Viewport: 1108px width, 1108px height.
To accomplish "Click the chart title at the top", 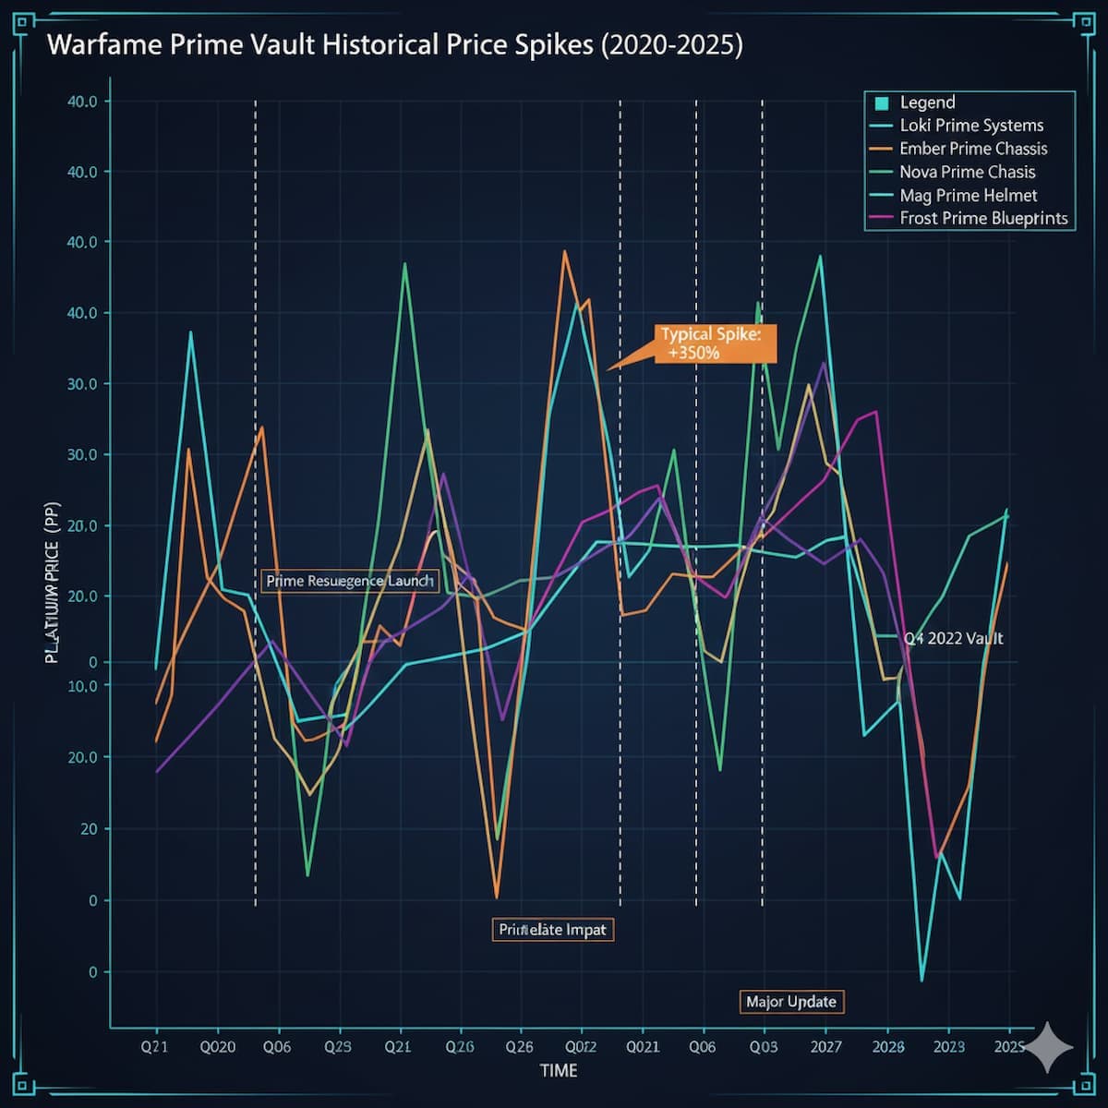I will (x=394, y=45).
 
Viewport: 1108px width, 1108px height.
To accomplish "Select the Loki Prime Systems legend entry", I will (x=970, y=126).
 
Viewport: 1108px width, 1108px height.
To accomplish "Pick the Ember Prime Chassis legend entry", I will (x=972, y=149).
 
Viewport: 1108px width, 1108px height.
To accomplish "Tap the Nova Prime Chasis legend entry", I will (x=967, y=172).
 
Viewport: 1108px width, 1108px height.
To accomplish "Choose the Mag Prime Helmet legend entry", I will (x=968, y=196).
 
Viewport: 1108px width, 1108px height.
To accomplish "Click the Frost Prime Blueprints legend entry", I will (x=982, y=219).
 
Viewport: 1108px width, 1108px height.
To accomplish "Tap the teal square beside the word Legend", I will (x=881, y=103).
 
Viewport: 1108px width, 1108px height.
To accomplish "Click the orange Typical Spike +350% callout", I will (x=711, y=343).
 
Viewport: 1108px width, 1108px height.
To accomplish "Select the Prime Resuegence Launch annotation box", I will (x=349, y=581).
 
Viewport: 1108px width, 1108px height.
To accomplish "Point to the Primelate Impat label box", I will (x=552, y=929).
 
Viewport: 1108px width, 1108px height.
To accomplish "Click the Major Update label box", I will (x=791, y=1002).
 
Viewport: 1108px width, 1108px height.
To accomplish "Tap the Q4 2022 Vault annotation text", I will (x=952, y=638).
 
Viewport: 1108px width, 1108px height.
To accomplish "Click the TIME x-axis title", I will (x=559, y=1070).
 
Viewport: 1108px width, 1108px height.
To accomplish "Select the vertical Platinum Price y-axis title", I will (x=53, y=591).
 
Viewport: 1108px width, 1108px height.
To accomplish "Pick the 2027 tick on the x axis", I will (x=825, y=1046).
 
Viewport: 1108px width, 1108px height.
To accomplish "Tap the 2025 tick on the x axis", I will (x=1008, y=1046).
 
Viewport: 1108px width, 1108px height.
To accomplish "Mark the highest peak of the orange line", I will (x=565, y=251).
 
